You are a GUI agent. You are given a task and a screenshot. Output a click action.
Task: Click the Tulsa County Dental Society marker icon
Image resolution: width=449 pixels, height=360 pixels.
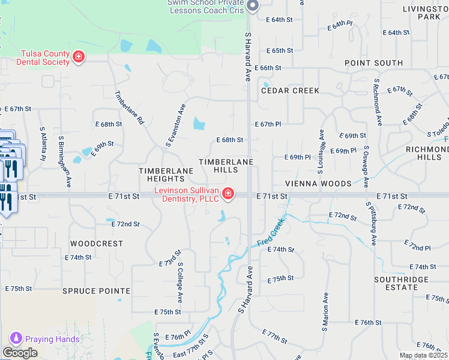[78, 58]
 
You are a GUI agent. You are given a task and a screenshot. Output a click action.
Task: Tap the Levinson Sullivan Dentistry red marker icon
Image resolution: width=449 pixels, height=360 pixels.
[228, 193]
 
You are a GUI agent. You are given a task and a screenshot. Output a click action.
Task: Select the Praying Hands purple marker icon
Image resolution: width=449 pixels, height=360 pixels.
[15, 339]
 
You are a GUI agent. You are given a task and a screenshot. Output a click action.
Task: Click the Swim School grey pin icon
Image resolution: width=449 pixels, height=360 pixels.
[253, 6]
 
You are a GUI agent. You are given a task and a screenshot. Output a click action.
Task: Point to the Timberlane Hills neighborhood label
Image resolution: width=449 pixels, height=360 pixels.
[226, 166]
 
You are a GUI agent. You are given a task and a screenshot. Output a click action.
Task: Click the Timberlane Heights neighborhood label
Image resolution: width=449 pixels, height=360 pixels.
[166, 175]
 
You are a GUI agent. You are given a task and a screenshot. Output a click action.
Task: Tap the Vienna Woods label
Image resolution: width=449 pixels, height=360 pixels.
[318, 184]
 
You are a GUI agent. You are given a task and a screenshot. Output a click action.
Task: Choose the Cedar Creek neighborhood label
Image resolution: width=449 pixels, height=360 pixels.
[290, 91]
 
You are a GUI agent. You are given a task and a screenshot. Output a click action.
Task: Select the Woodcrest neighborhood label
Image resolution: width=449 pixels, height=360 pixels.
[97, 244]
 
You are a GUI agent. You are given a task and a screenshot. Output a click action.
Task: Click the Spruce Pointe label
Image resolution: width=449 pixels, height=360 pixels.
[96, 291]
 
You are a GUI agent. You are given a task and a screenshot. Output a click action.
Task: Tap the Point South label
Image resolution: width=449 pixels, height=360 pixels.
[373, 63]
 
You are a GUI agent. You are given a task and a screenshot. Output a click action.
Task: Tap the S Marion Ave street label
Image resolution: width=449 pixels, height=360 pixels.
[325, 313]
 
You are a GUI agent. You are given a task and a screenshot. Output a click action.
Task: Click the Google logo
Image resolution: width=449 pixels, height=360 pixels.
[20, 353]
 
